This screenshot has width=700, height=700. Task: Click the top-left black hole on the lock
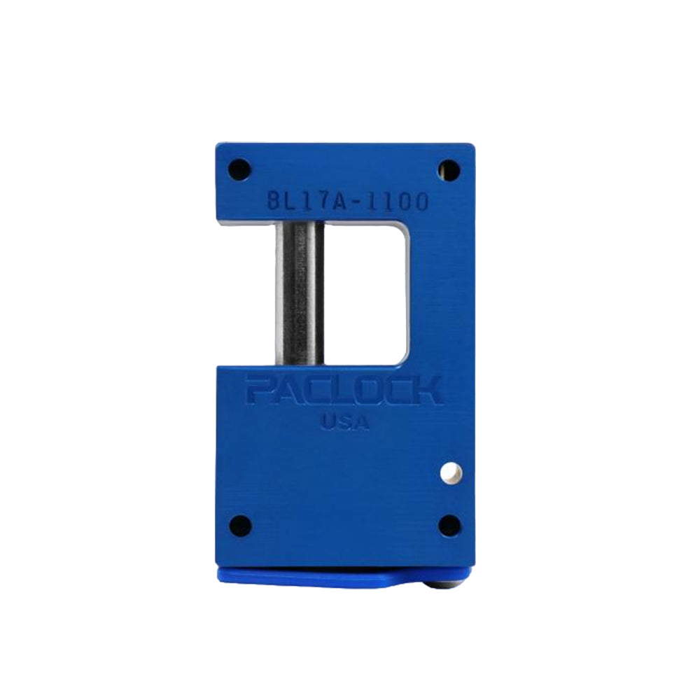pyautogui.click(x=239, y=169)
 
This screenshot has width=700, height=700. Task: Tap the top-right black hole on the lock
pyautogui.click(x=449, y=169)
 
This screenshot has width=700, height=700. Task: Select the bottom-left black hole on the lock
pyautogui.click(x=239, y=525)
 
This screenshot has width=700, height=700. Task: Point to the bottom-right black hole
pyautogui.click(x=449, y=525)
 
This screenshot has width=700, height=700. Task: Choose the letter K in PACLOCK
pyautogui.click(x=426, y=391)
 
